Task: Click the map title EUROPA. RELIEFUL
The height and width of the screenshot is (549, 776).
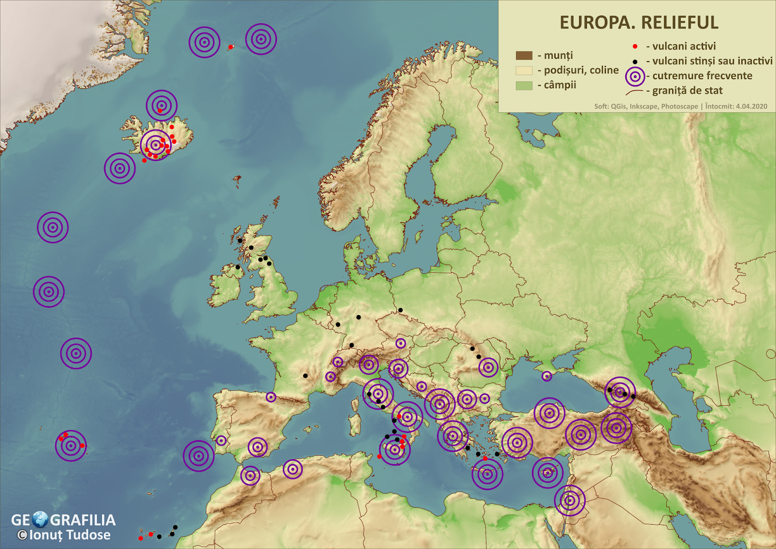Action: click(639, 23)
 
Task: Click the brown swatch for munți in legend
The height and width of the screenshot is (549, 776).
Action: click(524, 55)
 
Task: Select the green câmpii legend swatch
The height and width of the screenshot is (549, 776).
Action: click(524, 85)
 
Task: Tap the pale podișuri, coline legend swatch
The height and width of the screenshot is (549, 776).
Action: click(524, 70)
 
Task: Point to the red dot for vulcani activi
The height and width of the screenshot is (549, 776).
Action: click(635, 47)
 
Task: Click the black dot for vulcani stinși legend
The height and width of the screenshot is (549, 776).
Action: click(635, 62)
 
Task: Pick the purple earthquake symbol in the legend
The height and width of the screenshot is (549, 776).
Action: click(635, 76)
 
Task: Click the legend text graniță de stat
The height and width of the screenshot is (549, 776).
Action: click(687, 91)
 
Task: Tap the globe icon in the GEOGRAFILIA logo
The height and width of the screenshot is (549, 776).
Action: click(40, 519)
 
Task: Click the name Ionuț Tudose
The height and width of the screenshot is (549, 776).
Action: click(70, 535)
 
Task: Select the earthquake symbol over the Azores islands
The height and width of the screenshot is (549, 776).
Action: click(71, 445)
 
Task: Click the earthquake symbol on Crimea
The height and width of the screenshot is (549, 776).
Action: click(547, 376)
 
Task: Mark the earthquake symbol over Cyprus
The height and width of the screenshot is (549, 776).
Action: click(547, 472)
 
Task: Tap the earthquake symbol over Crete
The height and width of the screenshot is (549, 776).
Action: click(487, 474)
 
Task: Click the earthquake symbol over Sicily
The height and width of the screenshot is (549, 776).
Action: click(395, 450)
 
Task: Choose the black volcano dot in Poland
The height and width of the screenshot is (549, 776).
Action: click(400, 310)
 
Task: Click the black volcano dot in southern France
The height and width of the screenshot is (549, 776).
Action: click(305, 376)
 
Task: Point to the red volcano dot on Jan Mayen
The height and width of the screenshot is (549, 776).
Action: click(230, 47)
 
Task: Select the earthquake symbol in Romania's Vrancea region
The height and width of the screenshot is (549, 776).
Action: click(488, 367)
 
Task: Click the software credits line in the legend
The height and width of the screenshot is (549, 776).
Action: click(680, 106)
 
